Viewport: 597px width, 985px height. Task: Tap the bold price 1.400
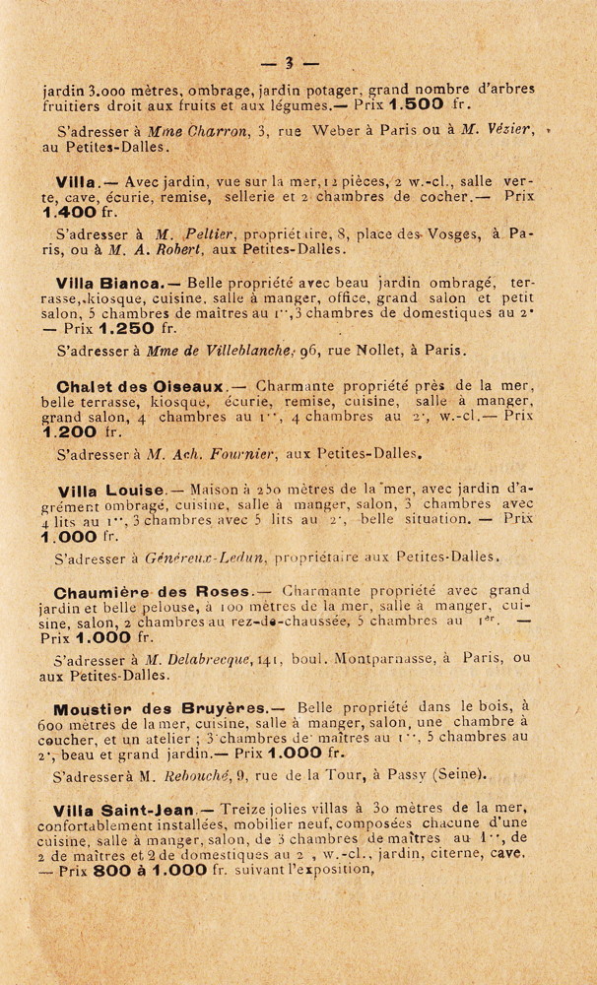(66, 211)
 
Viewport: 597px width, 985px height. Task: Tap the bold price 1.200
(66, 430)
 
